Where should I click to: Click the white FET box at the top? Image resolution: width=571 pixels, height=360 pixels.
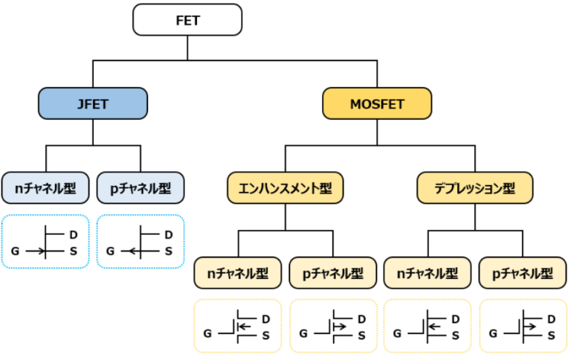188,19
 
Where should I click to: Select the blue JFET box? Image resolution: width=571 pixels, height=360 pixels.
92,103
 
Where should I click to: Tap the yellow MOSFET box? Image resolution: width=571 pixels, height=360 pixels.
376,103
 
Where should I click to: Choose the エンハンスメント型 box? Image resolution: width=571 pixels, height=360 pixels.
285,188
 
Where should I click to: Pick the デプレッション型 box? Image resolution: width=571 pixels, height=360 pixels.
475,188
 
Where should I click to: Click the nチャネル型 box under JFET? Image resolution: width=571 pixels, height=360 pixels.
45,188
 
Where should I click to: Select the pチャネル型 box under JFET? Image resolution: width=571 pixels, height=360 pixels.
141,188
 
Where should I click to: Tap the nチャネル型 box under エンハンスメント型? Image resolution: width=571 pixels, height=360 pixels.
238,273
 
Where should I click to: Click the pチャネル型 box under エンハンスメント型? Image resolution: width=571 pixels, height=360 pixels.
333,273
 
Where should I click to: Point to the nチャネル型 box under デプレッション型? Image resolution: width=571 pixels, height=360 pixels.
428,273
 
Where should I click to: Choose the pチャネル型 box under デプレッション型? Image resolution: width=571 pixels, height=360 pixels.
523,273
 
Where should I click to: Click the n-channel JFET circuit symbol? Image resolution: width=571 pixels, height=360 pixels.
45,242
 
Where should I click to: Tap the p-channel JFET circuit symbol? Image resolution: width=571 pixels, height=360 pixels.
141,242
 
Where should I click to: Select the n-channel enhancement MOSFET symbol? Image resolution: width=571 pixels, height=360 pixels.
238,326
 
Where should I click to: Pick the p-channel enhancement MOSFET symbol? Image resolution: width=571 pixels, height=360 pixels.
333,326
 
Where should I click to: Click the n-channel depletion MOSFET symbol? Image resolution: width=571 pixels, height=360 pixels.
428,326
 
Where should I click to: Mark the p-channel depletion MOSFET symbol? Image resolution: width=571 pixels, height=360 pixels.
523,326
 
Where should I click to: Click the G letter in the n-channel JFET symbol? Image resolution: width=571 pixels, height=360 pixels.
15,251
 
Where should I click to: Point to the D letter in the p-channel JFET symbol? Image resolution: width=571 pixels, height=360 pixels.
168,234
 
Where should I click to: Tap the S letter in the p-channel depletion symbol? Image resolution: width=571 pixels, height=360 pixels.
551,335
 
